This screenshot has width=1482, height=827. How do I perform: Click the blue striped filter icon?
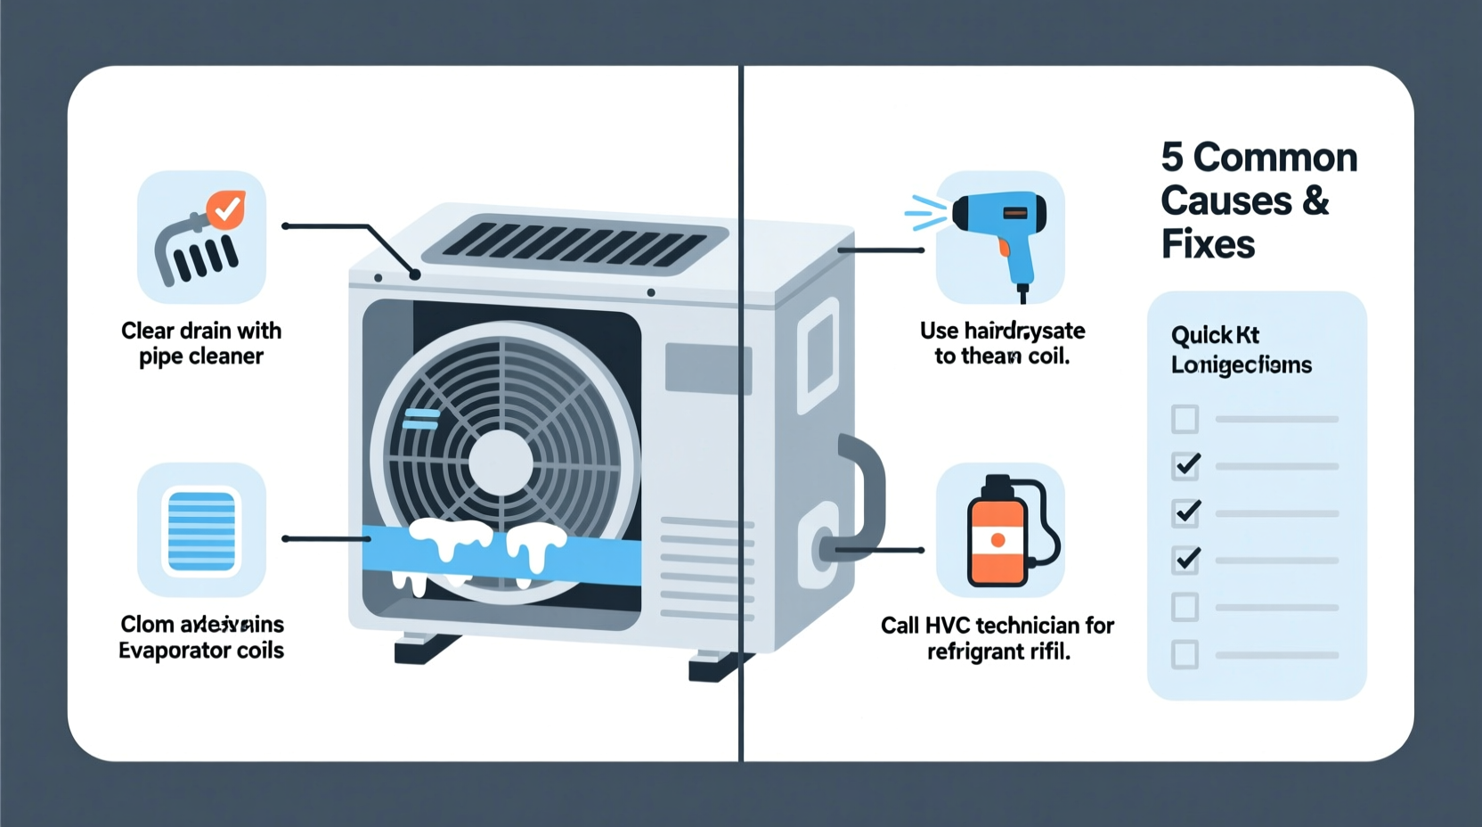pos(201,531)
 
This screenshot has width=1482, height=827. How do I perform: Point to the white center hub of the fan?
pos(501,463)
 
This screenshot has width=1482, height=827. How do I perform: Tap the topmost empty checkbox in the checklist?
pos(1185,419)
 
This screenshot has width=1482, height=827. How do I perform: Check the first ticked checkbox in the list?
pos(1185,465)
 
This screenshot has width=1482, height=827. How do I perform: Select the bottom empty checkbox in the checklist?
pos(1185,655)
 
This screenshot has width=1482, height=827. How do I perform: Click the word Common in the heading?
pos(1275,158)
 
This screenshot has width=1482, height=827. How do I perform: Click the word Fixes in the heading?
pos(1208,244)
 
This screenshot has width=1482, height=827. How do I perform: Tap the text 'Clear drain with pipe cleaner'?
pos(201,343)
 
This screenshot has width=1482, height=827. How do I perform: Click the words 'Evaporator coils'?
pos(201,651)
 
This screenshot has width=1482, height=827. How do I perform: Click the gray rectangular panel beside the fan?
pos(708,368)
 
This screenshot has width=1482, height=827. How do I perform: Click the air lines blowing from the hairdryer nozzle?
pos(925,214)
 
